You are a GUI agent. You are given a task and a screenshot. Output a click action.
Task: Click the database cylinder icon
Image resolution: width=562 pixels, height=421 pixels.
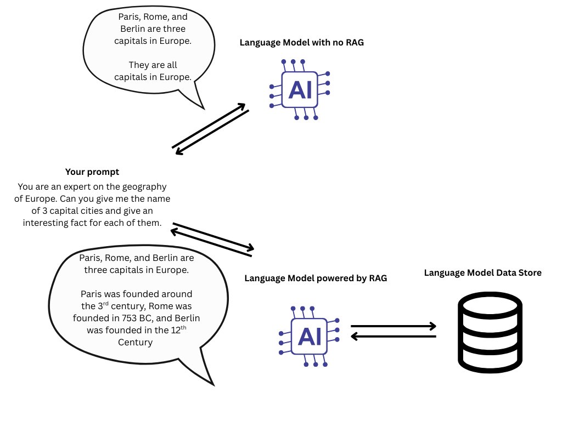tap(481, 332)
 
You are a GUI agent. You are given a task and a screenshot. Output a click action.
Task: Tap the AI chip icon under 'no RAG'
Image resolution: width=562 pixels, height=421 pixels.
tap(300, 89)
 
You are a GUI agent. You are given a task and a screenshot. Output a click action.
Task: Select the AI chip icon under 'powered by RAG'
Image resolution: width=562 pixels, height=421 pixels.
tap(308, 335)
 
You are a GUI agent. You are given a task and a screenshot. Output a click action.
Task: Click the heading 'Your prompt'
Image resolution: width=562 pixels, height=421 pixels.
tap(92, 172)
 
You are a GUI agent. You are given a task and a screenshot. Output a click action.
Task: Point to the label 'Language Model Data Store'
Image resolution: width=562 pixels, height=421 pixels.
tap(483, 272)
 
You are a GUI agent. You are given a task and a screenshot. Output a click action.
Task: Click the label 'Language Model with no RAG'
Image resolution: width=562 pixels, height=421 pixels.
tap(302, 43)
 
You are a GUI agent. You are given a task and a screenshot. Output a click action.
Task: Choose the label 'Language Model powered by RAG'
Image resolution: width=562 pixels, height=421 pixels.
tap(316, 278)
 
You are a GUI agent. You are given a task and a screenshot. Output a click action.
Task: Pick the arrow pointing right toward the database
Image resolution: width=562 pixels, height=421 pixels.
tap(393, 326)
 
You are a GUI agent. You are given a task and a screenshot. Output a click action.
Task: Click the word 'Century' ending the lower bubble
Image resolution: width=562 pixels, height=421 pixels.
tap(135, 343)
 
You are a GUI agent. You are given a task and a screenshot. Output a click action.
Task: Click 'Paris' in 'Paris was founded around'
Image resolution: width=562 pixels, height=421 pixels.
tap(91, 294)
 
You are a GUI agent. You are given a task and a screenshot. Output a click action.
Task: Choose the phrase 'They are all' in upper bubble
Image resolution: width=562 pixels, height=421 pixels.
tap(153, 65)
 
